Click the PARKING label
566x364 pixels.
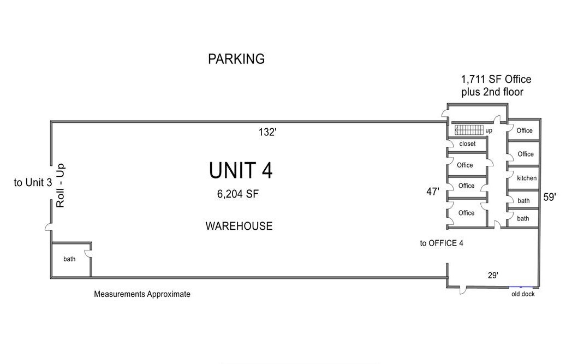coord(236,59)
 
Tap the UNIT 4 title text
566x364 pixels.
coord(241,170)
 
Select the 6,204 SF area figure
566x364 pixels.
coord(238,194)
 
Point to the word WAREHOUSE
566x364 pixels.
coord(239,226)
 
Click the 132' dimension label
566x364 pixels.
coord(267,133)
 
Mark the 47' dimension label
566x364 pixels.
coord(433,192)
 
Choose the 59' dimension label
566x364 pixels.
coord(550,197)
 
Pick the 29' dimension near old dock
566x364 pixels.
coord(493,275)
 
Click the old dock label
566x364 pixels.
coord(523,294)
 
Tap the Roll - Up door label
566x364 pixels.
coord(60,186)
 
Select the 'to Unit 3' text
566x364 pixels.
coord(33,182)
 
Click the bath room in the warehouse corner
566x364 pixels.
coord(69,259)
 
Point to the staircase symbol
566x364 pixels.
coord(469,129)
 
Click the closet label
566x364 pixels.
coord(467,144)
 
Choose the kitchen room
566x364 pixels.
coord(523,178)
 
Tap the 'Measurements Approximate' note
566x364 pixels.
coord(142,294)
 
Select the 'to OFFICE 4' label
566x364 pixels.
coord(442,243)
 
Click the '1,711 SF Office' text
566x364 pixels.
coord(496,79)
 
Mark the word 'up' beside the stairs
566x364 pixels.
coord(488,130)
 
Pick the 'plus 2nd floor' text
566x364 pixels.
coord(492,92)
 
